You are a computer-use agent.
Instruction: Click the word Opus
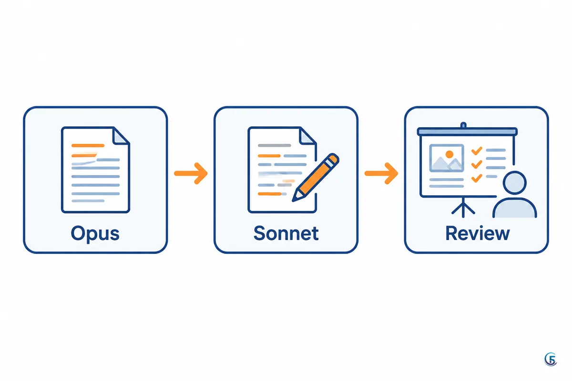pyautogui.click(x=95, y=233)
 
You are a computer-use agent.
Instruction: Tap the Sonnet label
pyautogui.click(x=286, y=233)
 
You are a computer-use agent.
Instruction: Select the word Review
pyautogui.click(x=478, y=233)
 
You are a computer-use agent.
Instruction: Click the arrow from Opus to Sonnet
pyautogui.click(x=191, y=173)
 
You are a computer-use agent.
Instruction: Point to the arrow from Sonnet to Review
pyautogui.click(x=381, y=173)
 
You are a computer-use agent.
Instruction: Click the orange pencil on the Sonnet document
pyautogui.click(x=316, y=177)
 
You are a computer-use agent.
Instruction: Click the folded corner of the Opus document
pyautogui.click(x=121, y=136)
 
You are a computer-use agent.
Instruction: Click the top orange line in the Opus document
pyautogui.click(x=88, y=145)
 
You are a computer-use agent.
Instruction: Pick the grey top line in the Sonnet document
pyautogui.click(x=275, y=145)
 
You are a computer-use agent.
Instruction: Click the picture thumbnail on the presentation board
pyautogui.click(x=447, y=158)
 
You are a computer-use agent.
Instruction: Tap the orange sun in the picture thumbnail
pyautogui.click(x=449, y=154)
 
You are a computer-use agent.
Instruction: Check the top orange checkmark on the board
pyautogui.click(x=477, y=151)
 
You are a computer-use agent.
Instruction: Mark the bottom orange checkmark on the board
pyautogui.click(x=477, y=178)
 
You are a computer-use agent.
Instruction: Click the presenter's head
pyautogui.click(x=514, y=183)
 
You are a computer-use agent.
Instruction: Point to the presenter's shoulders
pyautogui.click(x=514, y=208)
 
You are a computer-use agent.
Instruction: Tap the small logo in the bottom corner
pyautogui.click(x=551, y=359)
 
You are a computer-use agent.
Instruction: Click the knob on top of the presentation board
pyautogui.click(x=463, y=125)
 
